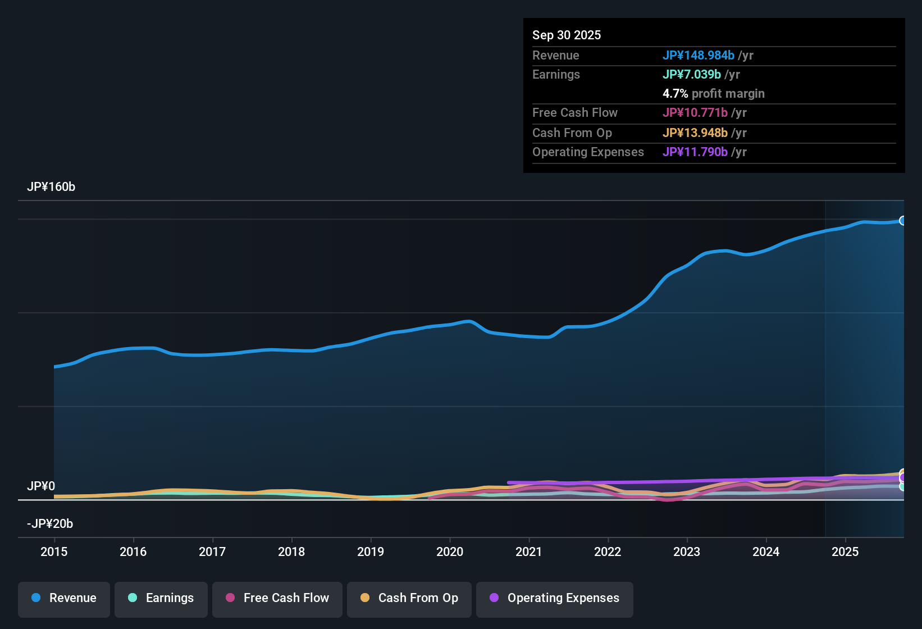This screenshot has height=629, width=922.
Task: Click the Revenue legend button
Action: pos(64,598)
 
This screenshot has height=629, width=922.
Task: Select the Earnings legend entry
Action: pos(161,598)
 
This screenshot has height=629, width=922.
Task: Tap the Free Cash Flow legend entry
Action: pos(277,598)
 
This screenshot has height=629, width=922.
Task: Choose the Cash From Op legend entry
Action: pos(409,598)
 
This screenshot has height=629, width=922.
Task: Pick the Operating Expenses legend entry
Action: pos(555,598)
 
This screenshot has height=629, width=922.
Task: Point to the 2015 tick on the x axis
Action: pos(54,551)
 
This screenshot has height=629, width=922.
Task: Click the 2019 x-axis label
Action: pos(371,551)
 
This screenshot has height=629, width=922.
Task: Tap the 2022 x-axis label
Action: pos(608,551)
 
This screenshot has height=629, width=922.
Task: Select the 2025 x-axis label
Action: pos(845,551)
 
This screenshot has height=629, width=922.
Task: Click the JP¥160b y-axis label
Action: pos(51,187)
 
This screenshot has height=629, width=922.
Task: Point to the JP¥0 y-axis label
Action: pos(41,486)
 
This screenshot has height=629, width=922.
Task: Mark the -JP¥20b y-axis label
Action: pos(50,523)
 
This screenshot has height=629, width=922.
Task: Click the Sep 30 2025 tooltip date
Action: pos(567,35)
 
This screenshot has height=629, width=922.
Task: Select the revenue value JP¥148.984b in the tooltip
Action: pos(699,55)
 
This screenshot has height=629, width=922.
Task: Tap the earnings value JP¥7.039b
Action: pos(692,74)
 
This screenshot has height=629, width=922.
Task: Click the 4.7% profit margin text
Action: pos(714,93)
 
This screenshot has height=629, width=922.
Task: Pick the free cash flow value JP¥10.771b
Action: pos(695,112)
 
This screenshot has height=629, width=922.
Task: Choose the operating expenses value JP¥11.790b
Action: pos(695,152)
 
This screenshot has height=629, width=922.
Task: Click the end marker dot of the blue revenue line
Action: pos(903,221)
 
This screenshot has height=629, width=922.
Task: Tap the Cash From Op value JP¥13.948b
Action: pos(695,133)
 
